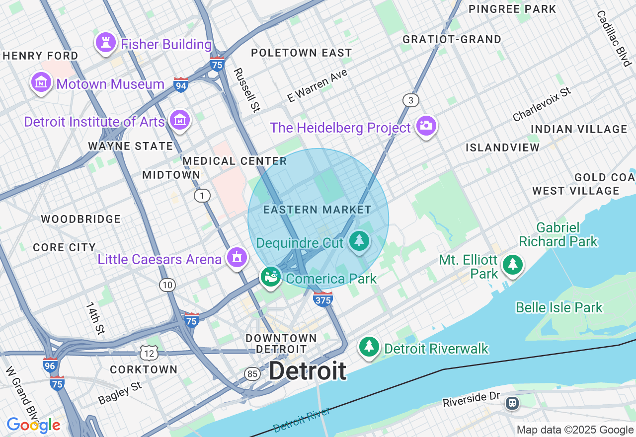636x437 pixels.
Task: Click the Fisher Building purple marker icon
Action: point(105,43)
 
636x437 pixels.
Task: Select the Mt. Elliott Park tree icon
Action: point(512,265)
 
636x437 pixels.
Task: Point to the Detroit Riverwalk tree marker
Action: point(369,347)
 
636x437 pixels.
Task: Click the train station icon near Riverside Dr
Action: point(512,403)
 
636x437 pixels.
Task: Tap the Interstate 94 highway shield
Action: point(181,85)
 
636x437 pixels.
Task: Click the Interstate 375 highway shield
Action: point(322,299)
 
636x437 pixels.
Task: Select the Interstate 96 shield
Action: point(50,365)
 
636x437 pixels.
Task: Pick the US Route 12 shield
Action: point(149,353)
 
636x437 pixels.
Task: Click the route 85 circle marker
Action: point(252,373)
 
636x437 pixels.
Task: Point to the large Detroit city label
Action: point(308,371)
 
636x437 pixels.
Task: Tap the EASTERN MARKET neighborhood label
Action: point(318,210)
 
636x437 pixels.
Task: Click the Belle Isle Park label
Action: point(559,307)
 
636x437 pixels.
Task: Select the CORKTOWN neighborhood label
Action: point(144,369)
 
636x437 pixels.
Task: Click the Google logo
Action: point(33,425)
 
